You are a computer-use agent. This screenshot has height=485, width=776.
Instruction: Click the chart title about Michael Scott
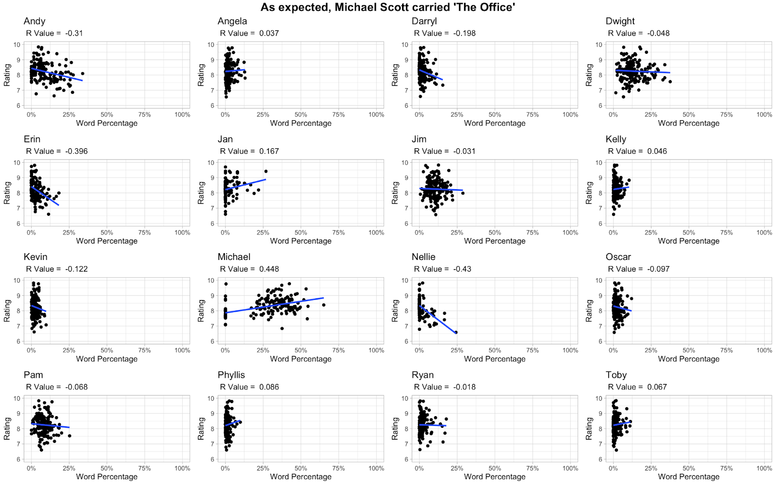[x=388, y=7]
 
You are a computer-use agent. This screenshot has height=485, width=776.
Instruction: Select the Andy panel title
[x=34, y=21]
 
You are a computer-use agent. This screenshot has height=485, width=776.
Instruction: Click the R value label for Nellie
[x=442, y=269]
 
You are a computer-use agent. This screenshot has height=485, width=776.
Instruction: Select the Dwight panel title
[x=620, y=21]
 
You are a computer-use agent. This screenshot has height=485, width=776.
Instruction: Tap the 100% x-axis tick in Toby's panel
[x=764, y=469]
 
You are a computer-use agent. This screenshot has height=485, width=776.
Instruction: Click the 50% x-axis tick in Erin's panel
[x=107, y=233]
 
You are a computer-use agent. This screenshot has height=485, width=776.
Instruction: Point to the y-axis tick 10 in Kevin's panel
[x=17, y=280]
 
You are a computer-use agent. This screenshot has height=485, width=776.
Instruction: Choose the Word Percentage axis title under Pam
[x=107, y=477]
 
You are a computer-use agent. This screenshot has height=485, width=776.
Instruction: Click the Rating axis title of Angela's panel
[x=201, y=75]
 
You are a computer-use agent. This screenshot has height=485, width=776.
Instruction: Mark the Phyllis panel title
[x=231, y=375]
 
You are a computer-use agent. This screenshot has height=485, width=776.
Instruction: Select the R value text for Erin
[x=57, y=151]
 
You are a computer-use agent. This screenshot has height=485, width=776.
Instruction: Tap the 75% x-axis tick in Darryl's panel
[x=533, y=115]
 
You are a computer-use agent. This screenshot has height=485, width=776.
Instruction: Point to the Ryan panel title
[x=422, y=375]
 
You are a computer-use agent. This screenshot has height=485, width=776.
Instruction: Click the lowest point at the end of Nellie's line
[x=456, y=332]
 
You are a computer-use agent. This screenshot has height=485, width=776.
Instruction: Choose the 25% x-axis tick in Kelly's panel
[x=651, y=233]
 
